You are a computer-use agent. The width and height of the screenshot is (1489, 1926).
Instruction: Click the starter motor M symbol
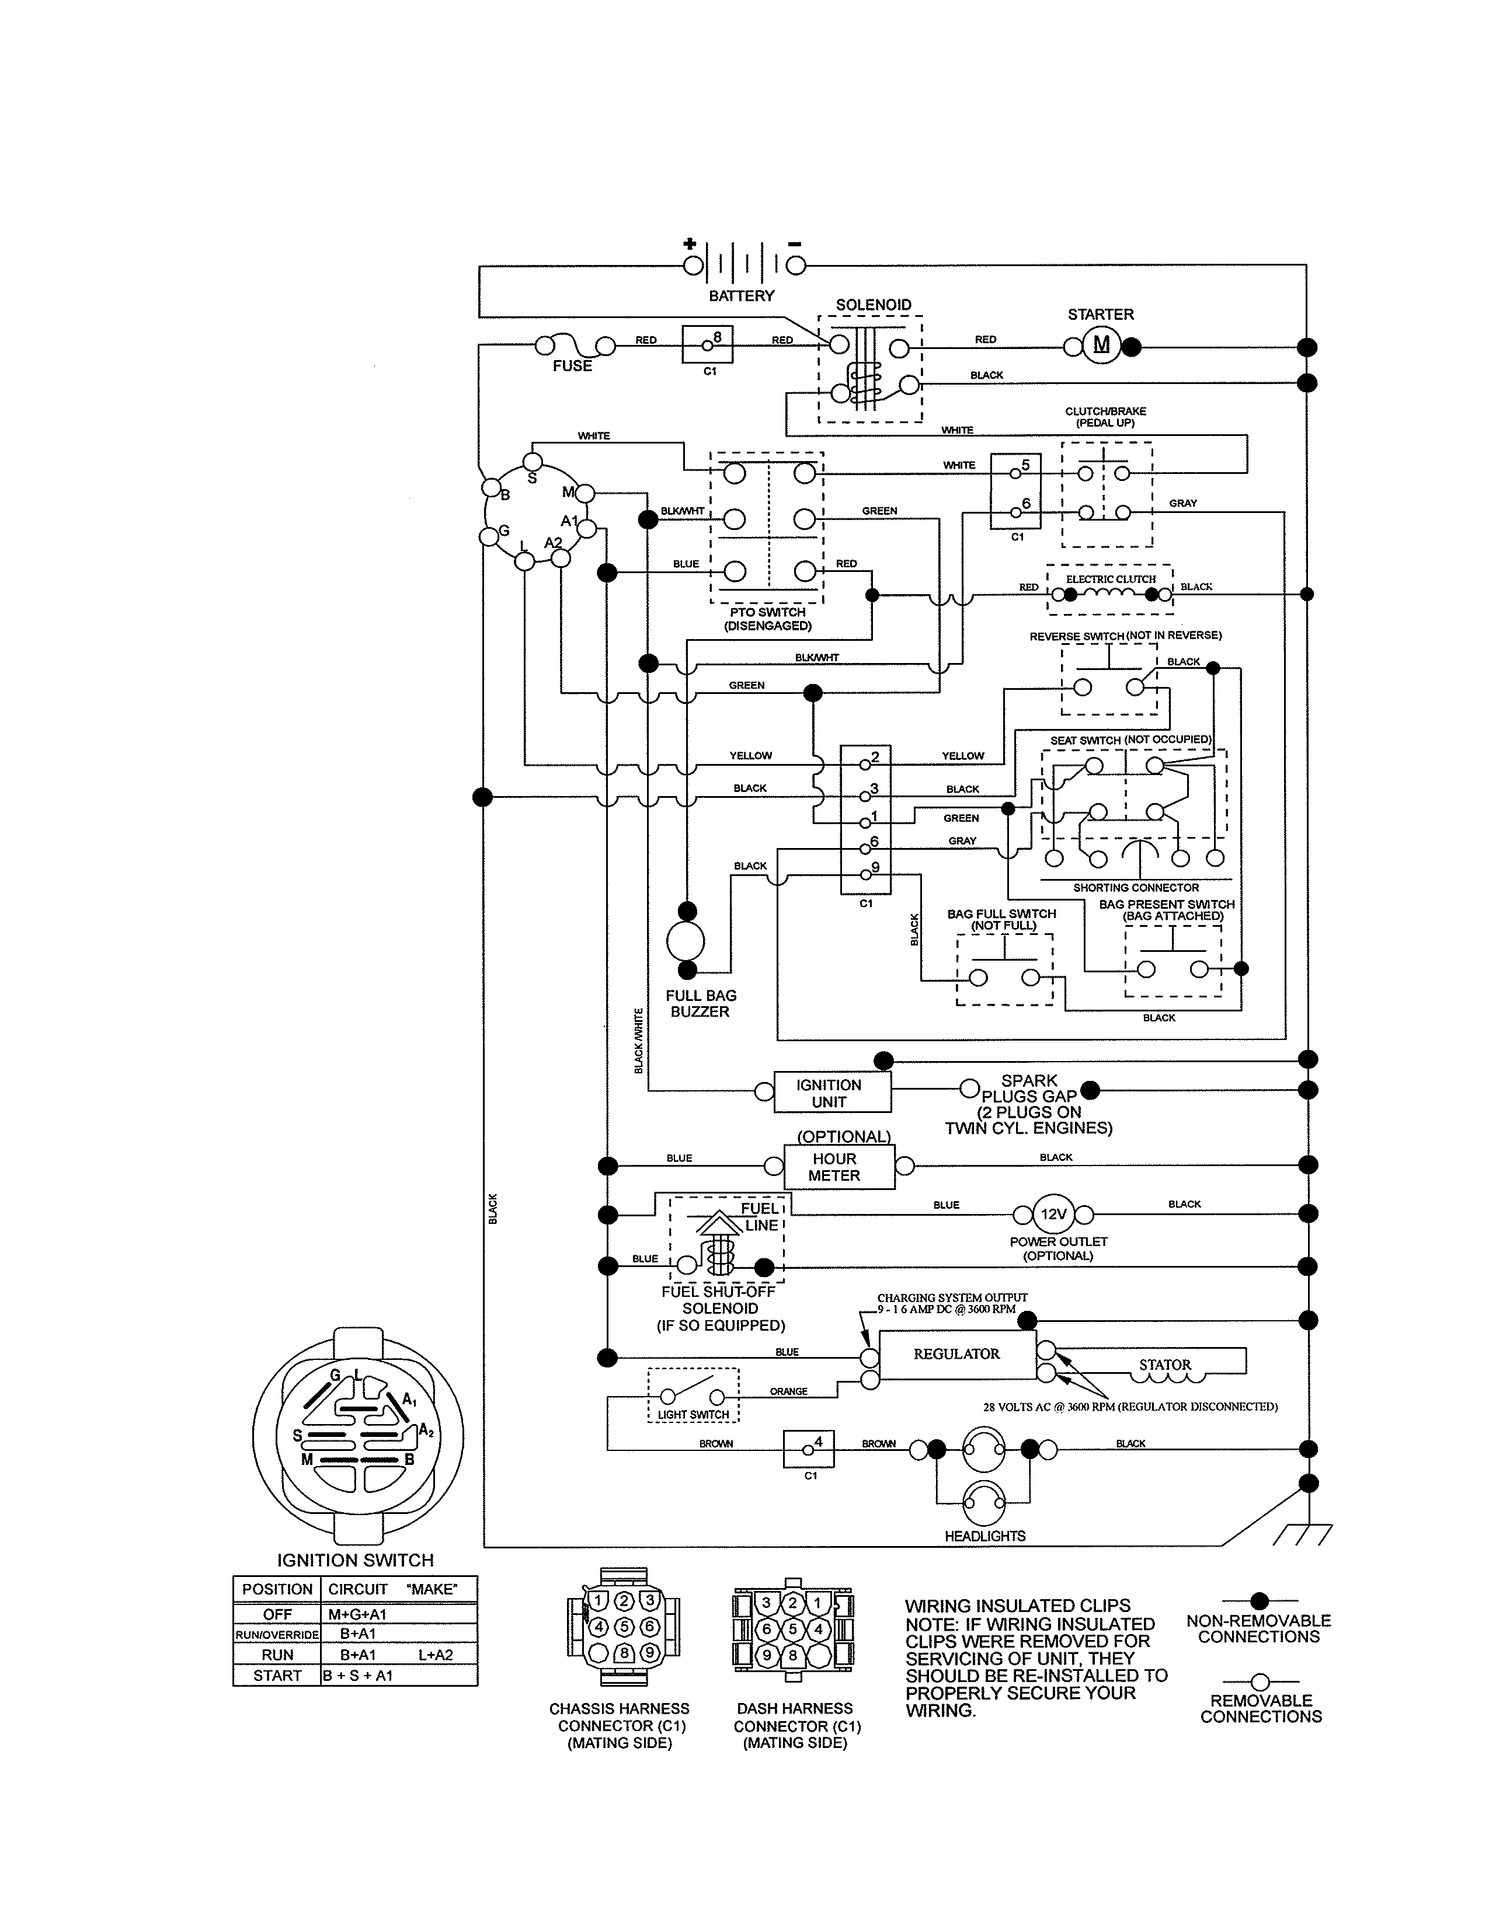click(x=1101, y=345)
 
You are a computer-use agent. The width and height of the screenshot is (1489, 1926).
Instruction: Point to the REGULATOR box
click(x=957, y=1353)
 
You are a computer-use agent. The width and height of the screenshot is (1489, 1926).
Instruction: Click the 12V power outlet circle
click(x=1053, y=1215)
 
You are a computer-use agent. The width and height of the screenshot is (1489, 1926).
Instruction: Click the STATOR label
click(x=1164, y=1365)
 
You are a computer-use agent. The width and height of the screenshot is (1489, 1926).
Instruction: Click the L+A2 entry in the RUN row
click(x=436, y=1655)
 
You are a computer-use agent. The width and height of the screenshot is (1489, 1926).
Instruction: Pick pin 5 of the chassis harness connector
click(x=624, y=1626)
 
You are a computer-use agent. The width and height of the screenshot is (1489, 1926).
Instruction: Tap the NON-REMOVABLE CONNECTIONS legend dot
click(x=1260, y=1600)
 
